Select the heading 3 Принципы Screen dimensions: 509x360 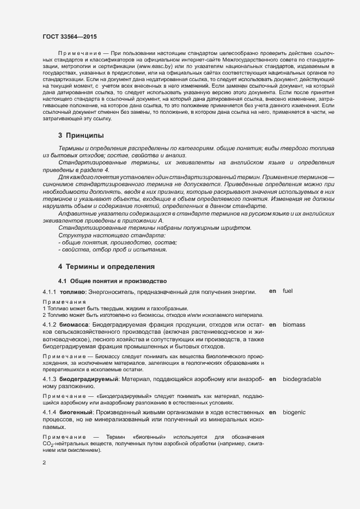tap(81, 135)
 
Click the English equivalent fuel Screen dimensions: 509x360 tap(288, 291)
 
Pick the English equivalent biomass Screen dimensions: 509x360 tap(294, 324)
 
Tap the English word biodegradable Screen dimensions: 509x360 tap(302, 379)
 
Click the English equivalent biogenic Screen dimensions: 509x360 tap(294, 413)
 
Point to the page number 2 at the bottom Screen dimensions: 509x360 tap(44, 463)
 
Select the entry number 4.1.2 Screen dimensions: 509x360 tap(50, 324)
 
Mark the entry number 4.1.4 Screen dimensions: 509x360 tap(50, 413)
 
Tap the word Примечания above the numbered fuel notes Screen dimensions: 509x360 tap(64, 302)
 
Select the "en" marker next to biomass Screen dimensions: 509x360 tap(272, 324)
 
